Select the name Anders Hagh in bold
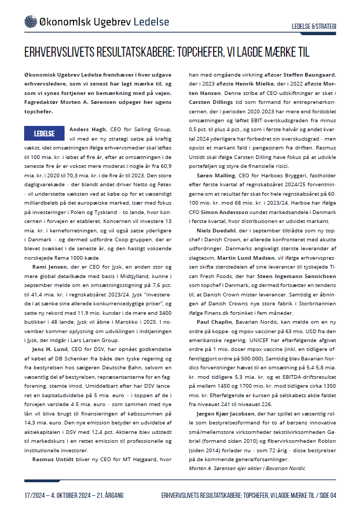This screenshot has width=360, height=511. [87, 129]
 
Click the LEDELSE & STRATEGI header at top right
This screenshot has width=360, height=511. [314, 26]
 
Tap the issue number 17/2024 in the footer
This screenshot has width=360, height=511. [37, 495]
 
